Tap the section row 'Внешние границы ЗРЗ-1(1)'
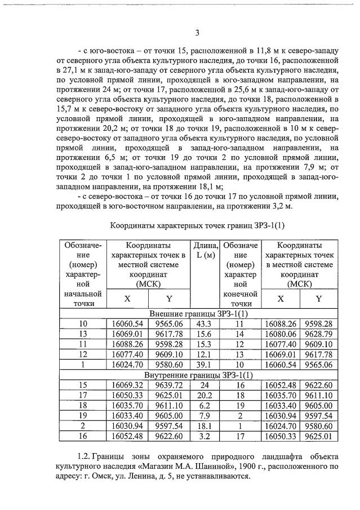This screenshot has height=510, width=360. (x=199, y=313)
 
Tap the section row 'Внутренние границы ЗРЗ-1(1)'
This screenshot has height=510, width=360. (x=199, y=375)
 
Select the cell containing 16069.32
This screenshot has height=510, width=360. (x=128, y=385)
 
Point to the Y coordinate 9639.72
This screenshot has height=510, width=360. (x=170, y=385)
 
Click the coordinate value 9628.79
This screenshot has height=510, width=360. (x=319, y=334)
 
